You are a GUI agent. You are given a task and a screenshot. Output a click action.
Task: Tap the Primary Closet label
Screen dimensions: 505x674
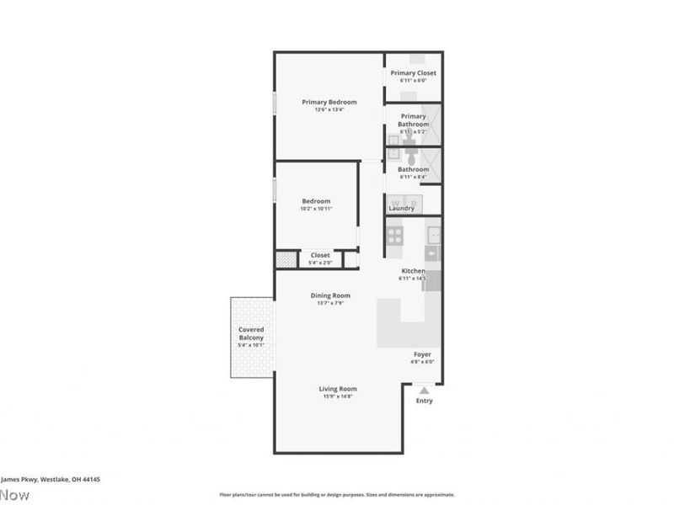[413, 73]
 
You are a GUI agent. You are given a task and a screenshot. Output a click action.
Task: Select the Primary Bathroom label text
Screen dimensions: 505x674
[414, 120]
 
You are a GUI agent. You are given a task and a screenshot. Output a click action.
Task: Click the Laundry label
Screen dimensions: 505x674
[401, 208]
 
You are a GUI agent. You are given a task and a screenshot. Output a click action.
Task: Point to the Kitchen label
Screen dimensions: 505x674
[413, 270]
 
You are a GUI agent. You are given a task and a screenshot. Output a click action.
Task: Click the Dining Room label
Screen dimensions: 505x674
[330, 295]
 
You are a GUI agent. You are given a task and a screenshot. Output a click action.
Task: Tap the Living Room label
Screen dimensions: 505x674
[338, 388]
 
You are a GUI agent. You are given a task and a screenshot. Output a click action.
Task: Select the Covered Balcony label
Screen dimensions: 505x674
[251, 332]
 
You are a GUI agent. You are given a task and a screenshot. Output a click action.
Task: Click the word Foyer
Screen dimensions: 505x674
[422, 354]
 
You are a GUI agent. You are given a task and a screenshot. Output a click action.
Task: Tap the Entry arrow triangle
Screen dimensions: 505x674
[425, 390]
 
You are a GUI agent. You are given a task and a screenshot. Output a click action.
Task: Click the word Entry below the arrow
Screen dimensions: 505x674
[425, 401]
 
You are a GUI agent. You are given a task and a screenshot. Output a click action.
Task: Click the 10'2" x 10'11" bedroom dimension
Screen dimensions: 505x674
[316, 208]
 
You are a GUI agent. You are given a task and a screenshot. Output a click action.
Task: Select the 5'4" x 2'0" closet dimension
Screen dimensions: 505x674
[320, 262]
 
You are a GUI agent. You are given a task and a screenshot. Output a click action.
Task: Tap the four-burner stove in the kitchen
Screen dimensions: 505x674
[395, 236]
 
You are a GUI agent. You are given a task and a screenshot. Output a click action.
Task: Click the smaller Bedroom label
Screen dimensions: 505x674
[316, 200]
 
